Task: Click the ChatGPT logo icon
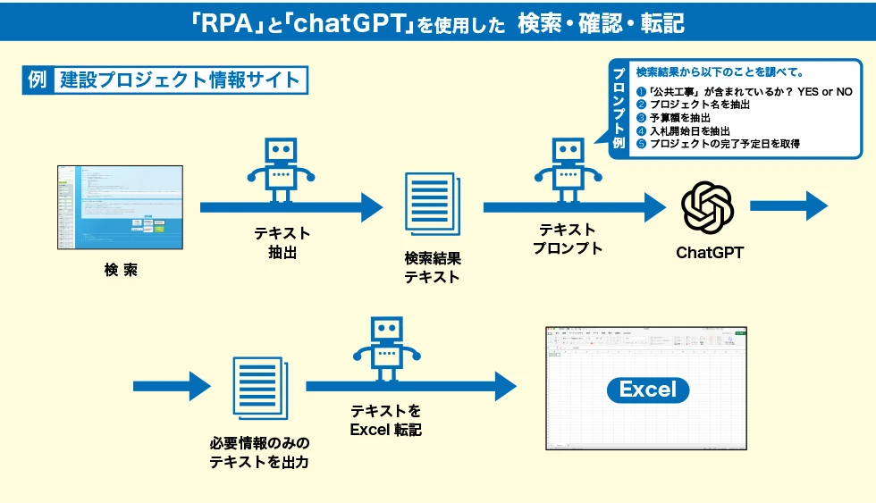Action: click(708, 206)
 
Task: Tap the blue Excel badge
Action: click(648, 390)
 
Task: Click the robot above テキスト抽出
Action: click(282, 171)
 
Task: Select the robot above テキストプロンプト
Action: click(565, 171)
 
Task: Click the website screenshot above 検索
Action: click(120, 206)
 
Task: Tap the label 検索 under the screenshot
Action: click(121, 270)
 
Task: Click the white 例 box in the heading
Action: click(37, 79)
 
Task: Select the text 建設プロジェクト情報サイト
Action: click(180, 79)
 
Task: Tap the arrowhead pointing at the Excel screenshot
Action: click(505, 387)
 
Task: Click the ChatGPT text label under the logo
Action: click(710, 253)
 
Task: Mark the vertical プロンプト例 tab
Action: click(619, 107)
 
